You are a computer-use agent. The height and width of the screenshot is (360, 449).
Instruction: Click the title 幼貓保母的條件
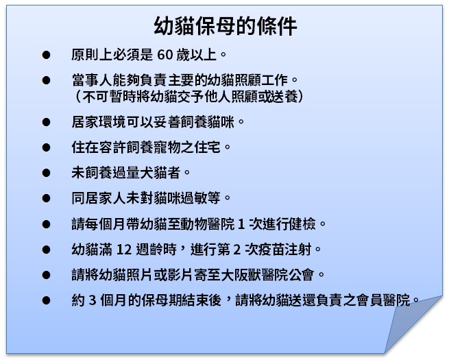(x=225, y=26)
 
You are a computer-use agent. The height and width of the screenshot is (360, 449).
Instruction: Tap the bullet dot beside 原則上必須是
(x=46, y=53)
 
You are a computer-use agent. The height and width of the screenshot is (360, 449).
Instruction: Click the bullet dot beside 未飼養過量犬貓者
(x=46, y=172)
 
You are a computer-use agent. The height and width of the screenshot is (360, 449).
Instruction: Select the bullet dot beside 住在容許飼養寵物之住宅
(x=46, y=147)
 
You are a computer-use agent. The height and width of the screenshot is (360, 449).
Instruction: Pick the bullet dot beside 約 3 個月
(x=46, y=300)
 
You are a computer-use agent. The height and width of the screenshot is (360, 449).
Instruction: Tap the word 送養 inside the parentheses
(x=282, y=95)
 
